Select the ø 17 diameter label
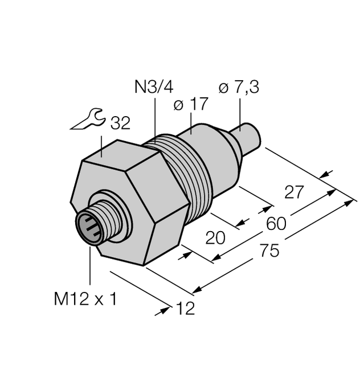[190, 104]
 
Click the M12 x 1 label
[85, 299]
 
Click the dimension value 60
[276, 223]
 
